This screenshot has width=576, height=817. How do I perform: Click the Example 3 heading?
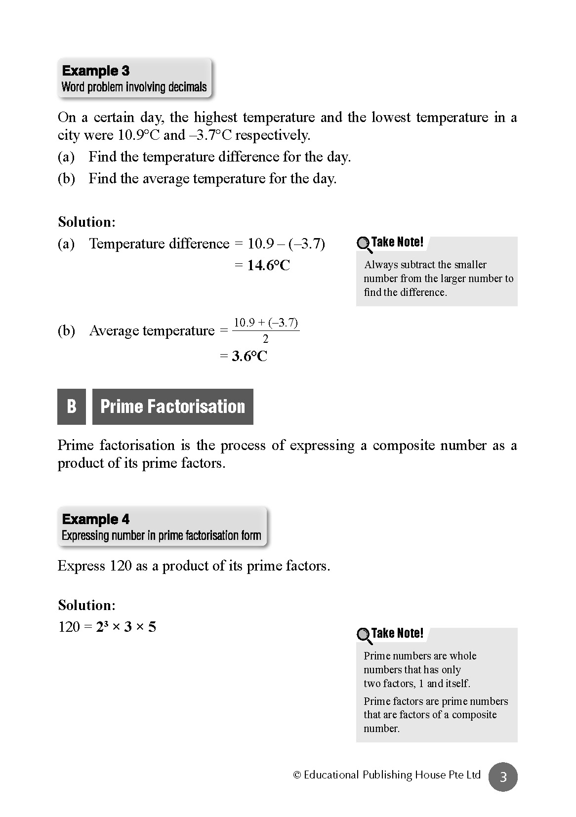(x=96, y=71)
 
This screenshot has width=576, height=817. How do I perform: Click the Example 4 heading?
(x=96, y=519)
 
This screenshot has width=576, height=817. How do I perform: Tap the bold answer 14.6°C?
(x=268, y=266)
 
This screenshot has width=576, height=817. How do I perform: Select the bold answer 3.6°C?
(x=249, y=357)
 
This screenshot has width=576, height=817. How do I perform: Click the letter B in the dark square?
(x=72, y=407)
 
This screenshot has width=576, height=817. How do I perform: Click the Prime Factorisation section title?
(x=172, y=407)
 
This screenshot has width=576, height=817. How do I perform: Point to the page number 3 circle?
(x=503, y=777)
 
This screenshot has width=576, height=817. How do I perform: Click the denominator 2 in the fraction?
(x=266, y=339)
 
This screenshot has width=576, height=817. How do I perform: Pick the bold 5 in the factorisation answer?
(x=152, y=627)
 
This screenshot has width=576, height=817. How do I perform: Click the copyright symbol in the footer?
(x=297, y=775)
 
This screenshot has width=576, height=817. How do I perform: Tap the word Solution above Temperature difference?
(x=86, y=222)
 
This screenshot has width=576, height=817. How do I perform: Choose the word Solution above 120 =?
(x=86, y=605)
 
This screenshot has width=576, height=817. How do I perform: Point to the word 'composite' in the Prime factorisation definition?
(x=401, y=446)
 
